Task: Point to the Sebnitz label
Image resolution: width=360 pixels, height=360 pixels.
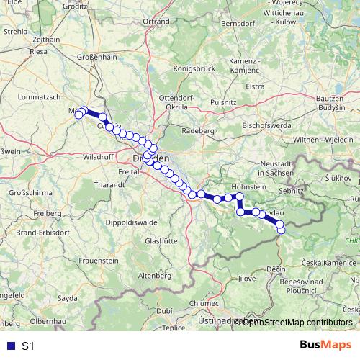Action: tap(292, 191)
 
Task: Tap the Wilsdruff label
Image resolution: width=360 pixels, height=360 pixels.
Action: tap(99, 156)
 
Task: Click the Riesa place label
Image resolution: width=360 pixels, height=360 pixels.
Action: tap(39, 52)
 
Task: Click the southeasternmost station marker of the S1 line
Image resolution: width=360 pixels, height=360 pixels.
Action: tap(281, 230)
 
